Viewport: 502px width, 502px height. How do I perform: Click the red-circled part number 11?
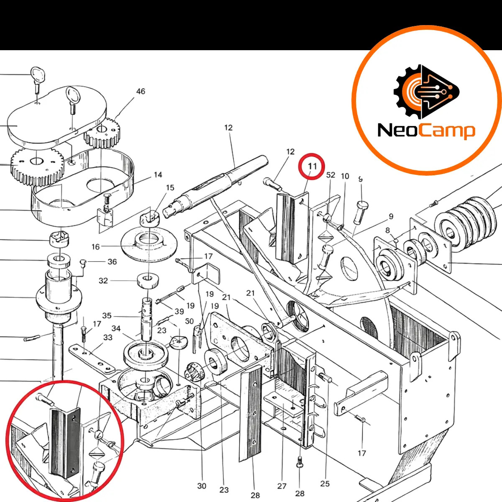tap(312, 166)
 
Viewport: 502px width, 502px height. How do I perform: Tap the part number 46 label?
tap(141, 92)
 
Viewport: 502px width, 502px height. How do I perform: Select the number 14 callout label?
tap(158, 174)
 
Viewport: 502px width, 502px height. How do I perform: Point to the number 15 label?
tap(170, 187)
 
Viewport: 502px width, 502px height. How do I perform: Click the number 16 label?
tap(96, 247)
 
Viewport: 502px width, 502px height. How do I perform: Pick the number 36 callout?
tap(112, 261)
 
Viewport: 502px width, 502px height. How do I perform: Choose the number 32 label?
tap(103, 281)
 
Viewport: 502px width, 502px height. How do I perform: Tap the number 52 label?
tap(330, 175)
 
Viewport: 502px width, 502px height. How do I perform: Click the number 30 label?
tap(202, 486)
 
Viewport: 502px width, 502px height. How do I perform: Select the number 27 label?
tap(282, 486)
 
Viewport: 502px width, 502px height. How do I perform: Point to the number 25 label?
tap(325, 484)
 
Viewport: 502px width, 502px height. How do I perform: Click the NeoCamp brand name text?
tap(426, 131)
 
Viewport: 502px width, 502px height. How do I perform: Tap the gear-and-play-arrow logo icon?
tap(427, 92)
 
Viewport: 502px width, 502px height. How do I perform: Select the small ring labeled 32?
tap(148, 280)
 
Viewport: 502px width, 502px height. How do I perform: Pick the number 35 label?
tap(107, 316)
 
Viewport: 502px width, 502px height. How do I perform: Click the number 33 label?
tap(108, 337)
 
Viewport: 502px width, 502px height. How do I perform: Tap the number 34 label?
tap(116, 328)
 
